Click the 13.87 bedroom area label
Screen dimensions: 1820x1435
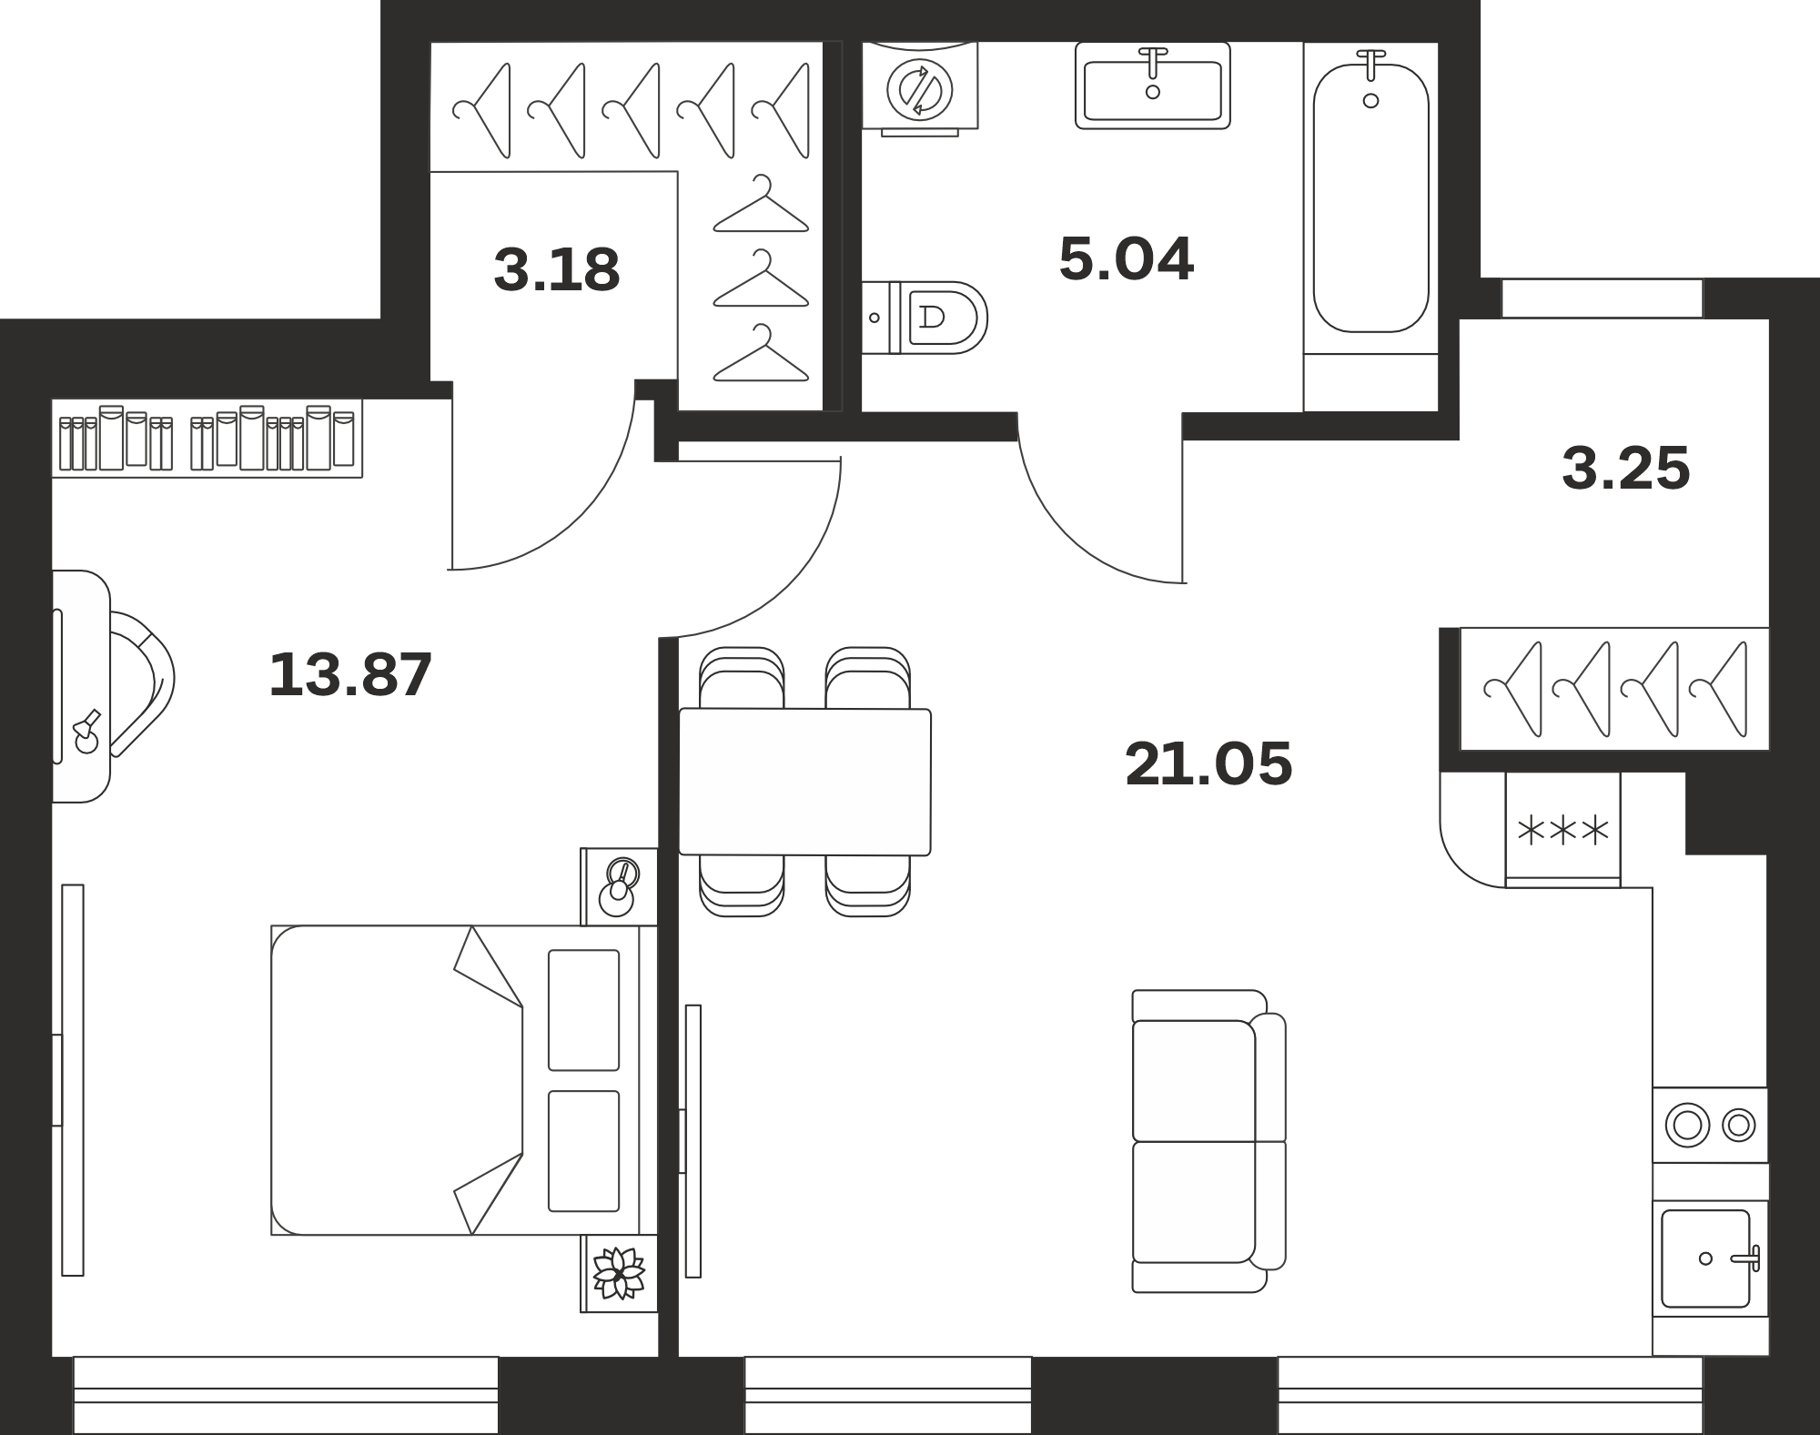coord(350,675)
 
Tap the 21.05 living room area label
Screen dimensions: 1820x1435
coord(1208,763)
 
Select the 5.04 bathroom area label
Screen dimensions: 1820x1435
coord(1126,258)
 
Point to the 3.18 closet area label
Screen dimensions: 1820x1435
coord(557,269)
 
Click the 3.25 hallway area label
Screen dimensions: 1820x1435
coord(1626,469)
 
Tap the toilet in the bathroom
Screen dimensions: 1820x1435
coord(925,318)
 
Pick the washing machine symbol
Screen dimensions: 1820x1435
coord(920,89)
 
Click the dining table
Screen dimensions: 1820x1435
coord(805,782)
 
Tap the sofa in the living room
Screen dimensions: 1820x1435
coord(1208,1141)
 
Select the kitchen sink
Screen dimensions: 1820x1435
coord(1710,1258)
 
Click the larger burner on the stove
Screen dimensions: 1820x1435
coord(1687,1125)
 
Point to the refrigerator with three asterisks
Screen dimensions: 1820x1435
coord(1563,829)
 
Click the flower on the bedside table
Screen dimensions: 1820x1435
coord(619,1272)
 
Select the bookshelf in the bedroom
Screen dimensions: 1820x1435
coord(207,438)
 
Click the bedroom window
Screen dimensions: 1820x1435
coord(286,1395)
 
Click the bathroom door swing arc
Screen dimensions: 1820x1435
coord(1074,528)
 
